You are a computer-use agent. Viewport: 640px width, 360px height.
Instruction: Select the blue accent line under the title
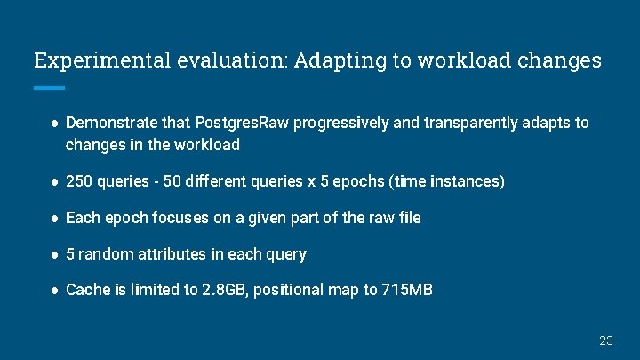50,88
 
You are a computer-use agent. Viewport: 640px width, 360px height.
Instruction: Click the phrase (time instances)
454,181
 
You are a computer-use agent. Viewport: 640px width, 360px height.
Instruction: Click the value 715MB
408,290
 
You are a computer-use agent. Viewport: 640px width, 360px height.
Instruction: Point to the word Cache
86,290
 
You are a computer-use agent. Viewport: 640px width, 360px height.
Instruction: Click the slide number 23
606,340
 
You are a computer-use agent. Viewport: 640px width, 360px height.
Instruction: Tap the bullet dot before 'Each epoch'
54,218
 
